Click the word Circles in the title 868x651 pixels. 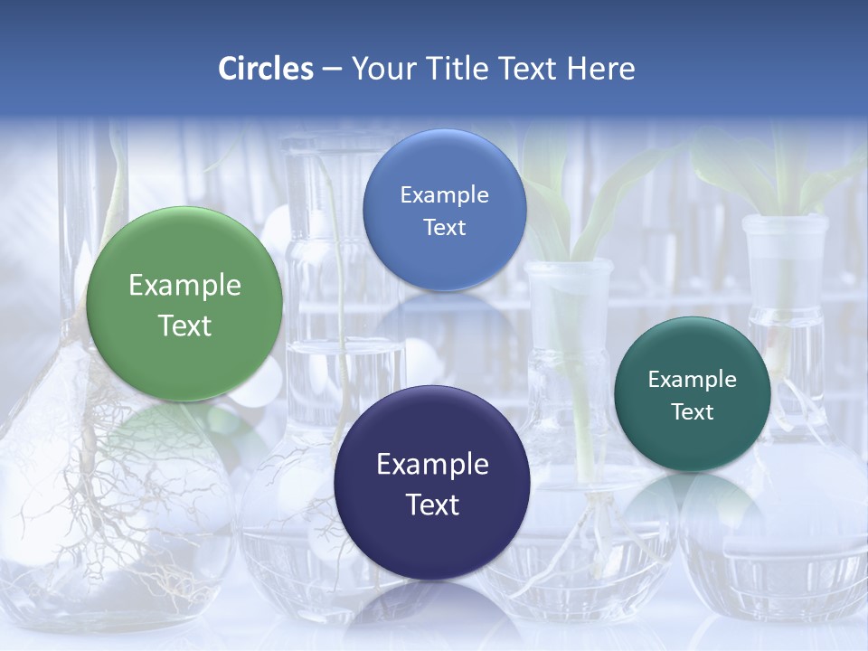(265, 69)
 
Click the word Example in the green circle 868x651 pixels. (184, 286)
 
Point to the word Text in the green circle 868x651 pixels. (184, 325)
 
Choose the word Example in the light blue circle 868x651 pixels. (444, 195)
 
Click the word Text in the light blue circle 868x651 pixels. (444, 227)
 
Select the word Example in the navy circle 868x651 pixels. (432, 465)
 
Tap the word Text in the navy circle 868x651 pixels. (432, 505)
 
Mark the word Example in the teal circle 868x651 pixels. (693, 380)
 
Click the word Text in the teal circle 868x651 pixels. (693, 412)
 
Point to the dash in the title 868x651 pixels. (332, 69)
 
